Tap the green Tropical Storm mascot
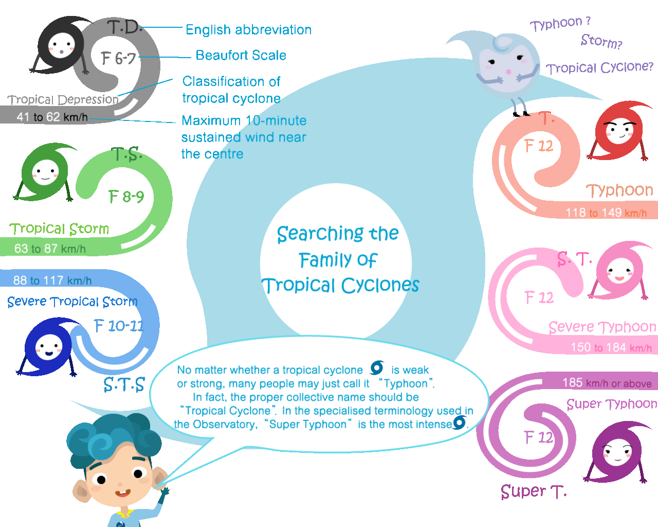tap(45, 171)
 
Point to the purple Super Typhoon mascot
tap(616, 452)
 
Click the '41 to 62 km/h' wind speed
tap(52, 117)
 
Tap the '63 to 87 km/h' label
tap(50, 249)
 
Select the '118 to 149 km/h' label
tap(606, 213)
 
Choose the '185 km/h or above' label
tap(607, 383)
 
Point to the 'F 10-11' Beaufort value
tap(119, 326)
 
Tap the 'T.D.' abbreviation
tap(124, 27)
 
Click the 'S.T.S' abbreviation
tap(124, 384)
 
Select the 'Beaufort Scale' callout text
tap(241, 56)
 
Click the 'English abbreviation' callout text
tap(248, 30)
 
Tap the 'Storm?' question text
tap(601, 41)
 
